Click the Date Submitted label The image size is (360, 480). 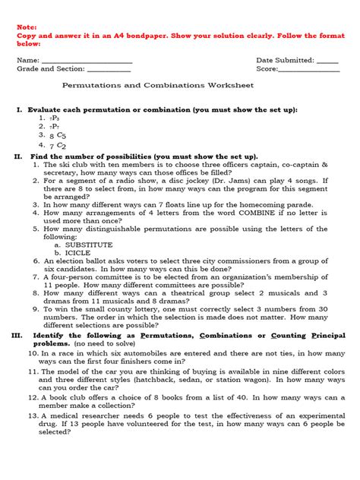pos(285,60)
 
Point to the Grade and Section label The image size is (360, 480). pos(51,69)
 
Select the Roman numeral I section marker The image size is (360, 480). pos(19,110)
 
